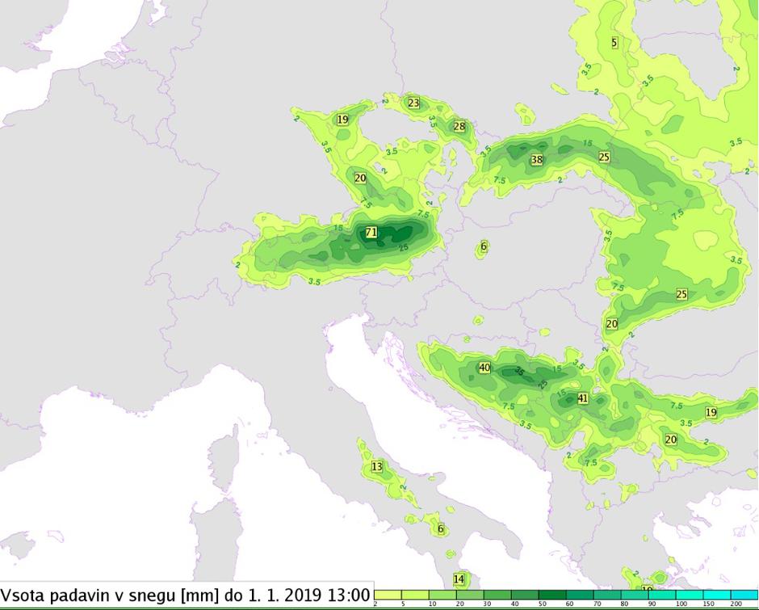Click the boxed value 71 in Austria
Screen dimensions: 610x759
[x=371, y=232]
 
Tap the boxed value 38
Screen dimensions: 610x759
[x=537, y=160]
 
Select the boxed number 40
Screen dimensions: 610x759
[x=484, y=368]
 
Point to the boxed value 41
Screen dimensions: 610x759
[x=583, y=398]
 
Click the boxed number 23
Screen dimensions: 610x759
[x=414, y=103]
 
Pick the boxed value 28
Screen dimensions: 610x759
[x=459, y=126]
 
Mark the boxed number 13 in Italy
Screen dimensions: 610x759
[x=377, y=466]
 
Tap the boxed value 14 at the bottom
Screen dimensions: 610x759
[x=459, y=578]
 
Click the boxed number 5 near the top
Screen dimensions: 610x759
[x=614, y=42]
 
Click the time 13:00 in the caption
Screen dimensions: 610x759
[x=346, y=595]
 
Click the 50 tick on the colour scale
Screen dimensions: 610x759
[x=543, y=604]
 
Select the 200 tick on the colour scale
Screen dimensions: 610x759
[x=736, y=604]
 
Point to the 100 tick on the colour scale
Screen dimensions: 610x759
[x=681, y=604]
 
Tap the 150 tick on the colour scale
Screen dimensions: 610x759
[x=708, y=604]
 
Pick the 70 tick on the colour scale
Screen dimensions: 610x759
[x=598, y=604]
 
